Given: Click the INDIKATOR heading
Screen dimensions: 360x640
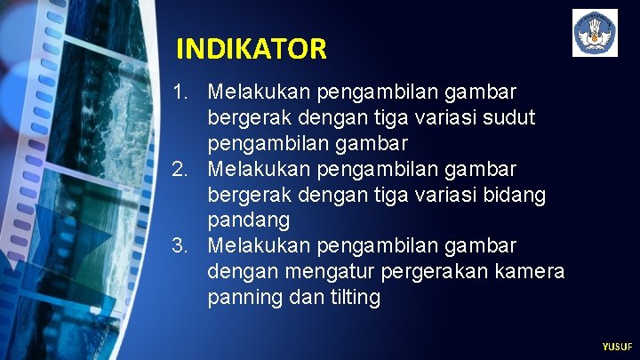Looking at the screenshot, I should tap(252, 48).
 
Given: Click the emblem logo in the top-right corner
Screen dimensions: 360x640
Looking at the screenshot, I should tap(595, 33).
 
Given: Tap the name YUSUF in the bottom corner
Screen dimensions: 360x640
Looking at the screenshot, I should tap(617, 347).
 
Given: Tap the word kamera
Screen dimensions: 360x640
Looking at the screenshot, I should tap(531, 271).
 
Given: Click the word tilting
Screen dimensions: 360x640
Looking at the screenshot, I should tap(354, 297).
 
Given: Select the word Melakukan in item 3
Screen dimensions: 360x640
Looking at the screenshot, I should tap(259, 245).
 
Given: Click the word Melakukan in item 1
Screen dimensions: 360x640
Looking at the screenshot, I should tap(259, 92).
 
